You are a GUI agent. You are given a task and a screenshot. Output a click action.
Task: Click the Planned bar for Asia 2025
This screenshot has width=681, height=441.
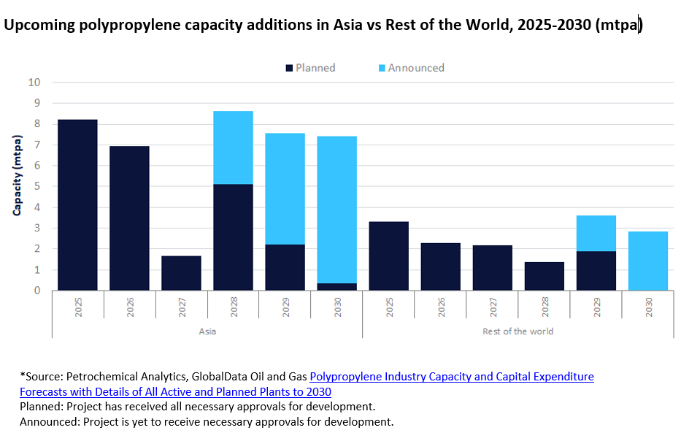click(77, 205)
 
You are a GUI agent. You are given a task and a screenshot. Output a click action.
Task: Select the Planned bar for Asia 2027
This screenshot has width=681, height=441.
click(181, 273)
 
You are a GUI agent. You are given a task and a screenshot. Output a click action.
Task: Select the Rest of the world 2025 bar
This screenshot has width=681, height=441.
click(388, 256)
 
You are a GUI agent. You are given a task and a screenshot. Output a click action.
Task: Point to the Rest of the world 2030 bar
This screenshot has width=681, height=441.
click(647, 261)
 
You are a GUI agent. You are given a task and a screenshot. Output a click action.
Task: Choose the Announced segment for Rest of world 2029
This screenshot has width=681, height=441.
click(596, 234)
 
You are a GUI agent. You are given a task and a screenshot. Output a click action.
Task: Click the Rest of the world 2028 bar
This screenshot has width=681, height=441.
click(544, 276)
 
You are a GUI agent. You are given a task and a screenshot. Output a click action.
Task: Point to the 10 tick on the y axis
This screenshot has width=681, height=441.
click(34, 83)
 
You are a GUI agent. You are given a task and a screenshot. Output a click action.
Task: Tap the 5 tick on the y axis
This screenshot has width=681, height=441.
click(37, 187)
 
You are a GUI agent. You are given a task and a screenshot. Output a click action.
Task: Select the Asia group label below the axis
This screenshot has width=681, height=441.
click(207, 331)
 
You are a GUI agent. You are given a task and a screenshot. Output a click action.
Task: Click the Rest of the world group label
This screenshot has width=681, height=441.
click(518, 331)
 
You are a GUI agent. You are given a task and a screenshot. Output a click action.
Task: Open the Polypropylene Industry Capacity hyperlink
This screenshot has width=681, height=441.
click(452, 377)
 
